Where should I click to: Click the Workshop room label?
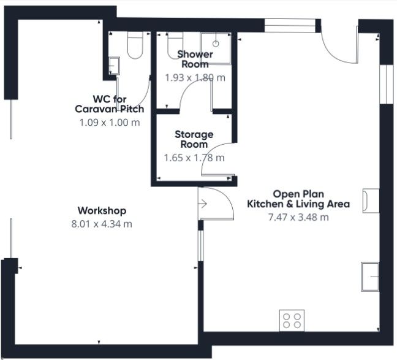coord(102,211)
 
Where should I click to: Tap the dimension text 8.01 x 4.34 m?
coord(102,224)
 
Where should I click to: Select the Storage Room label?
coord(194,139)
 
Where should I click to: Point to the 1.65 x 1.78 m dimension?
coord(194,158)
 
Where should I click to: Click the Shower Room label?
coord(195,59)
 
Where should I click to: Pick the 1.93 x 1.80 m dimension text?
coord(195,77)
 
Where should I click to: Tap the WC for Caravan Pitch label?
coord(110,104)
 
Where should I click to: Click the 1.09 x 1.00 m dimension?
coord(110,123)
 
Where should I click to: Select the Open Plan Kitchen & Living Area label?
coord(298,199)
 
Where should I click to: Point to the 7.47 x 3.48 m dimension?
coord(298,217)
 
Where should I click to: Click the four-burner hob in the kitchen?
coord(292,321)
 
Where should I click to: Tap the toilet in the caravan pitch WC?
coord(135,45)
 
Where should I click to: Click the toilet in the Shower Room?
coord(175,45)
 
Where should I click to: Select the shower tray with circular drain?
coord(216,48)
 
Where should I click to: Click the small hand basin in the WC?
coord(114,66)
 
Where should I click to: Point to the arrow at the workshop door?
coord(203,204)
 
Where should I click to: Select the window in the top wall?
coord(290,26)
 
